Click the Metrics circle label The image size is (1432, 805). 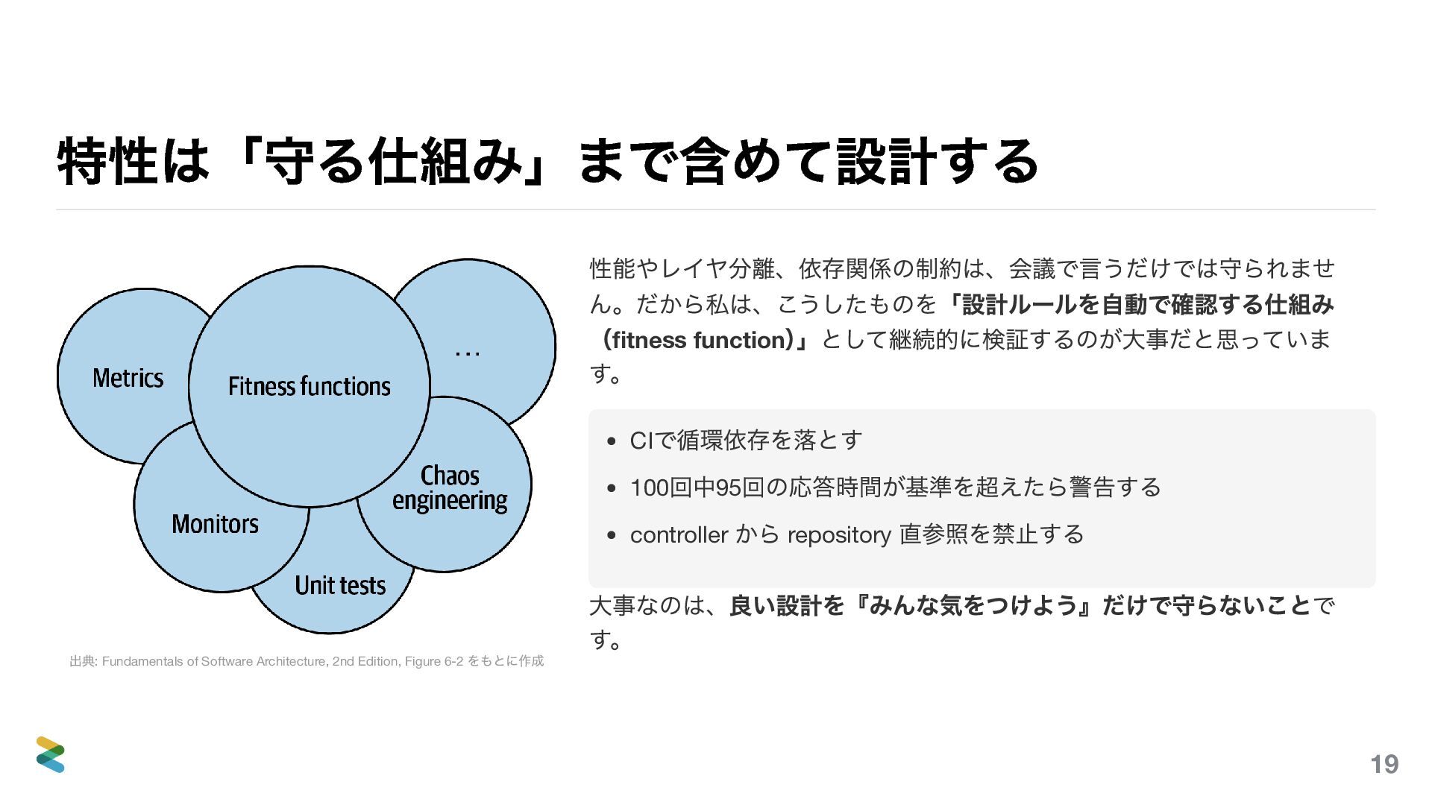pyautogui.click(x=128, y=378)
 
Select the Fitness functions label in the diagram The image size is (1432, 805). pyautogui.click(x=309, y=386)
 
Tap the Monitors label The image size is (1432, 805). pyautogui.click(x=215, y=524)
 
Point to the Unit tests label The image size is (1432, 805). pyautogui.click(x=340, y=585)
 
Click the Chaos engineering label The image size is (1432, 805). pyautogui.click(x=450, y=487)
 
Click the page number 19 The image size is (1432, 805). pyautogui.click(x=1384, y=764)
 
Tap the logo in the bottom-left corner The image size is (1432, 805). pyautogui.click(x=51, y=754)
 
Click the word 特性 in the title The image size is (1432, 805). pyautogui.click(x=107, y=162)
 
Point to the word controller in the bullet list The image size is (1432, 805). pyautogui.click(x=679, y=534)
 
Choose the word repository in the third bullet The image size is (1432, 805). pyautogui.click(x=839, y=535)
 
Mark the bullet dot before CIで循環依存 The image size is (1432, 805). pyautogui.click(x=612, y=441)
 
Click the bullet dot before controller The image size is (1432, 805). pyautogui.click(x=612, y=535)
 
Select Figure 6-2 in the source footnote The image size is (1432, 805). pyautogui.click(x=434, y=661)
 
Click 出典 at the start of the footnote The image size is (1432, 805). pyautogui.click(x=81, y=661)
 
